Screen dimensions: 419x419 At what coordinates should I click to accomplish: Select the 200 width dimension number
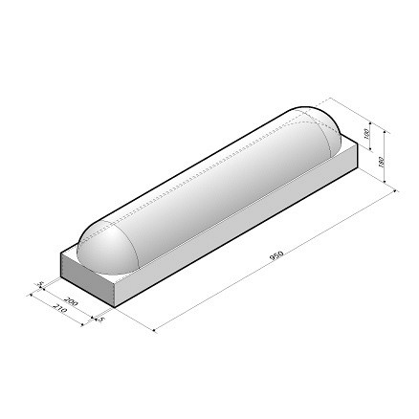click(74, 301)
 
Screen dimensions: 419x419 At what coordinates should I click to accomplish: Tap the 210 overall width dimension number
click(58, 311)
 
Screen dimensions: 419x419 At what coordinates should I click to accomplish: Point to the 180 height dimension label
click(383, 162)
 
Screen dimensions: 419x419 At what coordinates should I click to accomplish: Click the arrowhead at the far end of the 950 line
click(396, 192)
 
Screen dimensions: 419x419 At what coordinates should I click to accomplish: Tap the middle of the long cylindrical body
click(210, 187)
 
